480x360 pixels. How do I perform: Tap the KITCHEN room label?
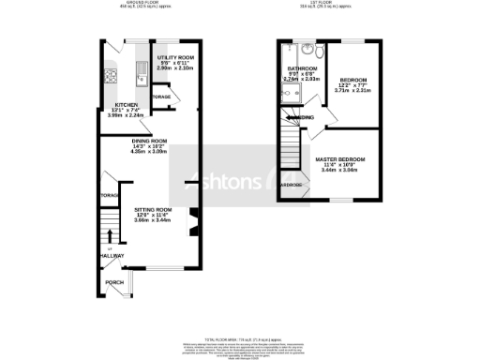coord(127,105)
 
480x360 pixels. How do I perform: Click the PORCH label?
coord(113,282)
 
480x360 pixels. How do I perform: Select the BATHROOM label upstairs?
coord(302,69)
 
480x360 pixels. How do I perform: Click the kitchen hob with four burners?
coord(110,77)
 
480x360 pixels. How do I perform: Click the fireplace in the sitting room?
coord(193,225)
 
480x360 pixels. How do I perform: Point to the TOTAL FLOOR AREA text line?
coord(240,339)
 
